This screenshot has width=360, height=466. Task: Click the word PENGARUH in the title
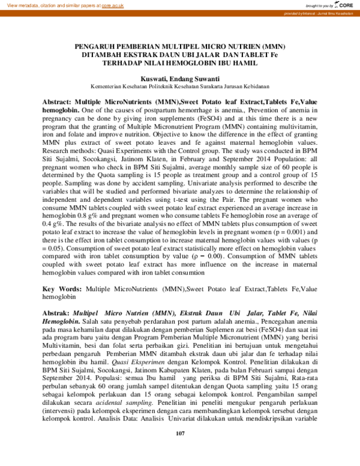pyautogui.click(x=97, y=46)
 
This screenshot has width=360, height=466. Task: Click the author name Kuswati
pyautogui.click(x=154, y=78)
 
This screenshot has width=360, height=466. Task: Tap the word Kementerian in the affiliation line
pyautogui.click(x=106, y=86)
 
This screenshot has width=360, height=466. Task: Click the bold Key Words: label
pyautogui.click(x=63, y=288)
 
